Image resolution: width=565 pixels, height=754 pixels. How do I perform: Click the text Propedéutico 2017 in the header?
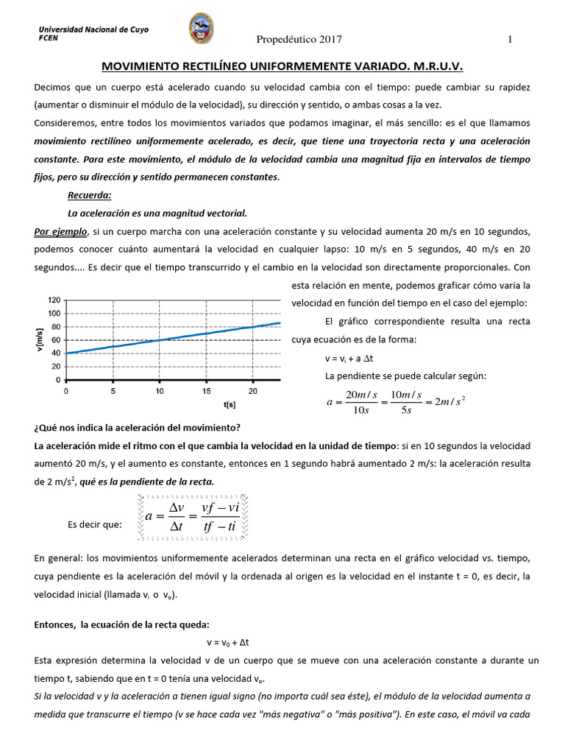pos(299,39)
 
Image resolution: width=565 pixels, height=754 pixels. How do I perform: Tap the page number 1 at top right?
pos(509,39)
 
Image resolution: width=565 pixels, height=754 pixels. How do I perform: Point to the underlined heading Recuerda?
pos(89,195)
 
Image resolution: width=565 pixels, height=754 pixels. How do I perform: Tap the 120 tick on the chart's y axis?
pos(54,300)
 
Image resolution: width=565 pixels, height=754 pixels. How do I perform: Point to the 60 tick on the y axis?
pos(56,340)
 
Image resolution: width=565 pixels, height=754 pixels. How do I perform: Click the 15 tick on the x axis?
pos(206,390)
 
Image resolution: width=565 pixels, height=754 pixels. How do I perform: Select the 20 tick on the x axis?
pos(253,390)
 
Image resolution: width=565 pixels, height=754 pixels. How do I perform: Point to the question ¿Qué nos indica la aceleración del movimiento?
pos(138,428)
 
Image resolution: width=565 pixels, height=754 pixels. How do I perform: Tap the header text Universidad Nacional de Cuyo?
pos(93,29)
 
